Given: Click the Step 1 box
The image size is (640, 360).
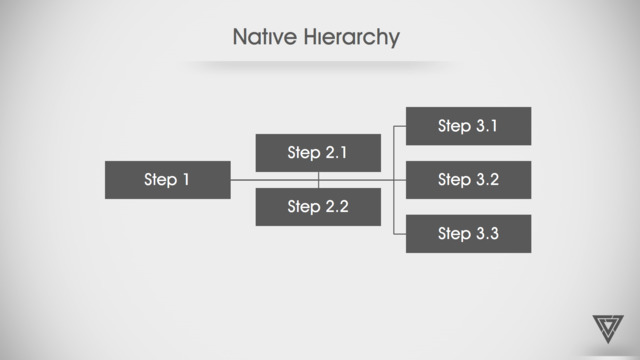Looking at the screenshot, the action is [x=168, y=180].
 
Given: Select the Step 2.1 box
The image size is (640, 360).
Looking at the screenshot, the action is [x=318, y=153].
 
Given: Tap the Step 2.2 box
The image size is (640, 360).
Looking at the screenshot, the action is [x=318, y=207].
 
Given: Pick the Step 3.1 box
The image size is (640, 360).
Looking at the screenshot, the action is [x=469, y=126].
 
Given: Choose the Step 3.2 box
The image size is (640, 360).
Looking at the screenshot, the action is [x=469, y=180].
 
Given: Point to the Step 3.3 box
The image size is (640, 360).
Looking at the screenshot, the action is [x=469, y=234].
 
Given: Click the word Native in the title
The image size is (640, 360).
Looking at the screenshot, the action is [x=265, y=37].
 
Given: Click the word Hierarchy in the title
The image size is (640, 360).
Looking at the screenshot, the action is [x=351, y=38].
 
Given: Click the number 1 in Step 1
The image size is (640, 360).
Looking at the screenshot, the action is [x=186, y=180].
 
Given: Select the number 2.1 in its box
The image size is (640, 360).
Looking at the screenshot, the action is [x=336, y=153].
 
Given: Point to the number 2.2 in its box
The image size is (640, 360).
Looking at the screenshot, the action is [x=337, y=207].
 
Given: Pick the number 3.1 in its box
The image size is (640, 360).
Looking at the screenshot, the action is [x=487, y=126].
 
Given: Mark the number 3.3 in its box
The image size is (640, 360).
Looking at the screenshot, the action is [x=488, y=233].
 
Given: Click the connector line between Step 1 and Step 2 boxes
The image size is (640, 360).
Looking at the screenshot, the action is [x=243, y=180].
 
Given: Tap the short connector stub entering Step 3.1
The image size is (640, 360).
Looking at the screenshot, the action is [x=400, y=127].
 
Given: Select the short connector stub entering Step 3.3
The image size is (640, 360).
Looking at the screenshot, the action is [x=400, y=234].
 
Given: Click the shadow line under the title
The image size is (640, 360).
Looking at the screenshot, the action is [x=318, y=64].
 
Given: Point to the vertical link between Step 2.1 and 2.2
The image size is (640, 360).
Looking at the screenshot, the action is [x=318, y=180].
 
